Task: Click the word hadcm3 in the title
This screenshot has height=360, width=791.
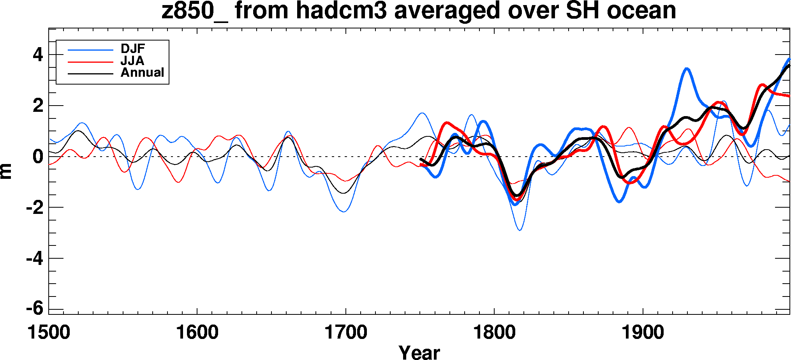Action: (341, 11)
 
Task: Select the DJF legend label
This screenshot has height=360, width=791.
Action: (133, 49)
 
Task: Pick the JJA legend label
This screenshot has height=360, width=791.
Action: (132, 61)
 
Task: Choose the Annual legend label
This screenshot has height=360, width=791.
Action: (142, 72)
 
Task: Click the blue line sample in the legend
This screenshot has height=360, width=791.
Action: (90, 50)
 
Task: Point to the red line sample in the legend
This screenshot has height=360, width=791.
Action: (90, 62)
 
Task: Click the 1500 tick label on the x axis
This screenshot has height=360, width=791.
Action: (49, 333)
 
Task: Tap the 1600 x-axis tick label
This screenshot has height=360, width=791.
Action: (197, 333)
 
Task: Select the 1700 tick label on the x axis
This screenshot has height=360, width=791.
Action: (346, 333)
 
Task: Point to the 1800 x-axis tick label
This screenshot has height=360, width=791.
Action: (494, 333)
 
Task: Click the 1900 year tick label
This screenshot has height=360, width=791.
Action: (643, 333)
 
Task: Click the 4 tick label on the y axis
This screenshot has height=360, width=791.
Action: (38, 55)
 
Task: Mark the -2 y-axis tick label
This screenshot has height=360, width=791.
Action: (35, 208)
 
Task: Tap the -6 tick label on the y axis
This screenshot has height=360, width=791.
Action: (35, 309)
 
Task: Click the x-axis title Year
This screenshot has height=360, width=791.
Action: (419, 352)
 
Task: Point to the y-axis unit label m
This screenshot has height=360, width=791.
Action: (7, 171)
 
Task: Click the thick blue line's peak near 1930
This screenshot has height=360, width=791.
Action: (687, 69)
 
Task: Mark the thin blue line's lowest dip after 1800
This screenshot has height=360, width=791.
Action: (520, 230)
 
